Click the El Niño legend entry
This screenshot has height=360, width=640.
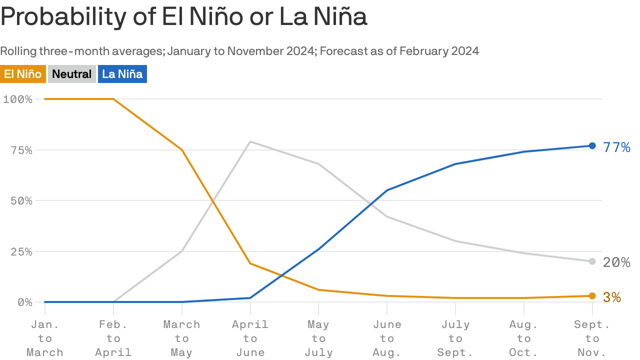pos(23,74)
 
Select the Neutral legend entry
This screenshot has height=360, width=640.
pos(72,74)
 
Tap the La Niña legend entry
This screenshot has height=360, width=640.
pos(122,74)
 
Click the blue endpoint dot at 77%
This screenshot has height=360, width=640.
pos(592,145)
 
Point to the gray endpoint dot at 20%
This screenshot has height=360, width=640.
pos(592,261)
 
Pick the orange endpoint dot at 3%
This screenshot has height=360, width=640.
pos(592,296)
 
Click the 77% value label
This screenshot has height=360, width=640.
pos(616,147)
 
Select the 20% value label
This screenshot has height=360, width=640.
pos(616,262)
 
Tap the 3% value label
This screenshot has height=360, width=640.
pos(612,297)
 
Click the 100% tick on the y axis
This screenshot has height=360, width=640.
pos(17,99)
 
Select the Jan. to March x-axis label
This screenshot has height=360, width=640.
pos(45,338)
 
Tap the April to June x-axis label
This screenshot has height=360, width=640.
pos(250,338)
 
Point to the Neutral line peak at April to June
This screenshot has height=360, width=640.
pos(250,141)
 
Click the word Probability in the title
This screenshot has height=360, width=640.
pos(64,17)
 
